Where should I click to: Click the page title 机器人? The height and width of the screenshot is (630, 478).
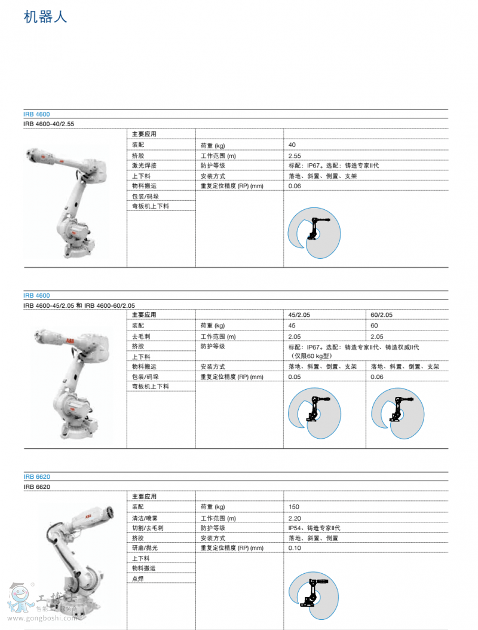(45, 17)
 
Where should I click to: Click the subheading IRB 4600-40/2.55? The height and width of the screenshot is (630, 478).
(48, 124)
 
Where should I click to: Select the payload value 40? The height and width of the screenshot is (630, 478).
(292, 145)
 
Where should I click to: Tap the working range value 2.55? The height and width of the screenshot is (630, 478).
(295, 156)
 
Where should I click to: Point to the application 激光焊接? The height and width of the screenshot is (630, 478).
(144, 166)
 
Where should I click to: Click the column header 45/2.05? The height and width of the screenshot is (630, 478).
(299, 315)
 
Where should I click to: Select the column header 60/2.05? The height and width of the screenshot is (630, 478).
(382, 315)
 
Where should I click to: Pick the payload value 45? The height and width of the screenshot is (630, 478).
(292, 325)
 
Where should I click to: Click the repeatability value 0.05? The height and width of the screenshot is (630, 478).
(295, 377)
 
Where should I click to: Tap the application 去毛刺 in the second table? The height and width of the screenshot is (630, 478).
(141, 337)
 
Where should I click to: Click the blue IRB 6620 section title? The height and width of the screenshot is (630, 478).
(37, 476)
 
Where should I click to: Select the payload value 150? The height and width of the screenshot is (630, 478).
(293, 507)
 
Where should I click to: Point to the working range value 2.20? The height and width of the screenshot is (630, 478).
(295, 518)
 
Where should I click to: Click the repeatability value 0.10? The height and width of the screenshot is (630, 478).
(295, 548)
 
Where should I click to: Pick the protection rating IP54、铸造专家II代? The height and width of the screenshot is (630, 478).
(314, 528)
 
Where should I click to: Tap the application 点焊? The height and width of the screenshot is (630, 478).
(138, 579)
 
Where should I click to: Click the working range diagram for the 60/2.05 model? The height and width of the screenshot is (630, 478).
(398, 414)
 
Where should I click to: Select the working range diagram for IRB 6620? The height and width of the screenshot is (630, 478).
(314, 597)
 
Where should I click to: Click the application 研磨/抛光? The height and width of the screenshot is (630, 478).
(145, 548)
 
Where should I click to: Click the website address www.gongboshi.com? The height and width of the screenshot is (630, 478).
(42, 619)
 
